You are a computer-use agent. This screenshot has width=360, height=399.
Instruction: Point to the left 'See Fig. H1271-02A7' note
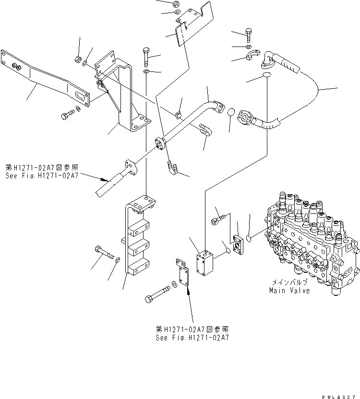coord(42,172)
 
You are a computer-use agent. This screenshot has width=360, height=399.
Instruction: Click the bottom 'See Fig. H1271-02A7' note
coord(192,333)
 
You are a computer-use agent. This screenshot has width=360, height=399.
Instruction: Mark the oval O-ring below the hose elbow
coord(267,76)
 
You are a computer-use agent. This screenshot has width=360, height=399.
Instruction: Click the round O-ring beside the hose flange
coord(230,112)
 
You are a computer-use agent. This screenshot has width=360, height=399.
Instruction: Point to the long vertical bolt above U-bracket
coord(146,57)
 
